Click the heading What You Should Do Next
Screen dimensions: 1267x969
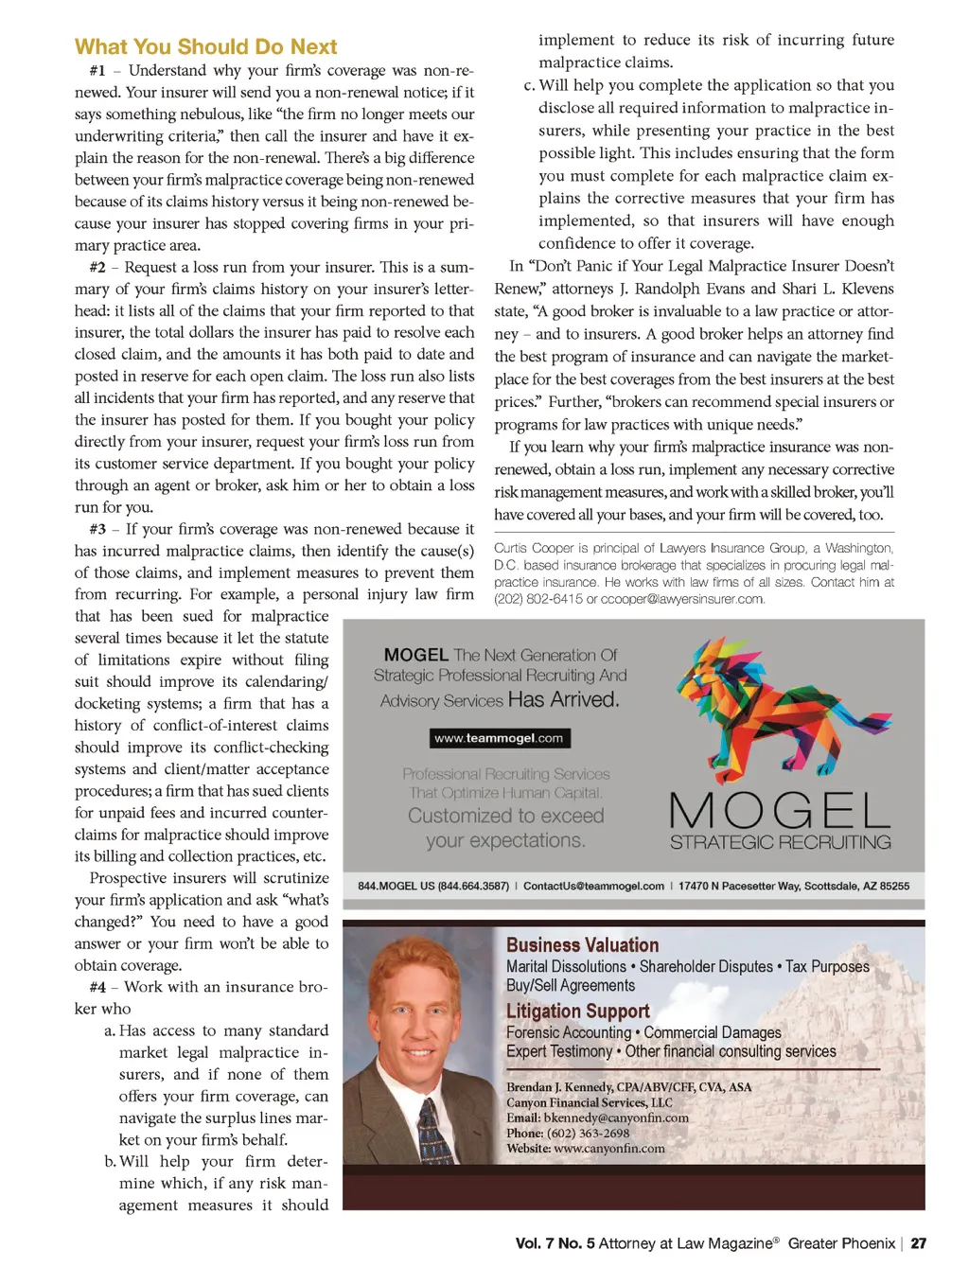pos(205,47)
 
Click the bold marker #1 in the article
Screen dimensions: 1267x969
pos(97,71)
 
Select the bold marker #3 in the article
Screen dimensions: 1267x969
pos(97,529)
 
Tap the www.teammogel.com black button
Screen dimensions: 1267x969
pos(499,738)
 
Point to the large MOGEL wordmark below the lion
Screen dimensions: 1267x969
pos(780,810)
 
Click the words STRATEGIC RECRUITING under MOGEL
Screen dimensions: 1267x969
pos(780,842)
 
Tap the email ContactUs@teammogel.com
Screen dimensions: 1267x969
pos(593,887)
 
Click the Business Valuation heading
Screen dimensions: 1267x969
pos(582,945)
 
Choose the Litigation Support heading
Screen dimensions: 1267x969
pos(577,1012)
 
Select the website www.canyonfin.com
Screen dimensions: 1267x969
pos(608,1149)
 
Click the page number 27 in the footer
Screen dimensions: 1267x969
pos(919,1243)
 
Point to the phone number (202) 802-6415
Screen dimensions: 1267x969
pos(537,599)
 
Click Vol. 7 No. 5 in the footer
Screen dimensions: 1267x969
pos(555,1243)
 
